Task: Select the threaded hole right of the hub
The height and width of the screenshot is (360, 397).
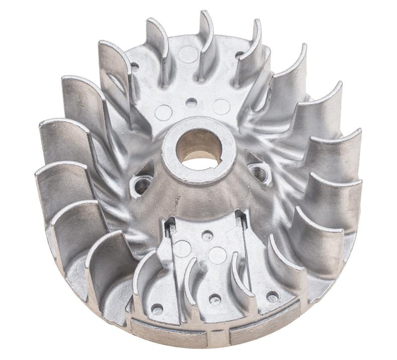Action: (258, 173)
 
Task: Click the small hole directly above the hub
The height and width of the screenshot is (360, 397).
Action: (191, 103)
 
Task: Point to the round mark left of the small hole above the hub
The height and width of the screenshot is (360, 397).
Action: (163, 112)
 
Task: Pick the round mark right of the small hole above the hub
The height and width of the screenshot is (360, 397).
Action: (221, 106)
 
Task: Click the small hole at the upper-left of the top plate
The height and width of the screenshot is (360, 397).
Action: (134, 66)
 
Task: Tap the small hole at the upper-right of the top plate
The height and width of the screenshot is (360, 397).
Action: (240, 55)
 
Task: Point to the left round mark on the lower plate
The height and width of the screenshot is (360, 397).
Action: (182, 248)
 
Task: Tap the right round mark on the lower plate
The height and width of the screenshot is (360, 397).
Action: (217, 255)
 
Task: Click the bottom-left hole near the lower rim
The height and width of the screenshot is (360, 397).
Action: (157, 309)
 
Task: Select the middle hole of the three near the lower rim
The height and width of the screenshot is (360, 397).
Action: (215, 298)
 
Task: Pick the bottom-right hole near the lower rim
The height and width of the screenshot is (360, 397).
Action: (272, 296)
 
